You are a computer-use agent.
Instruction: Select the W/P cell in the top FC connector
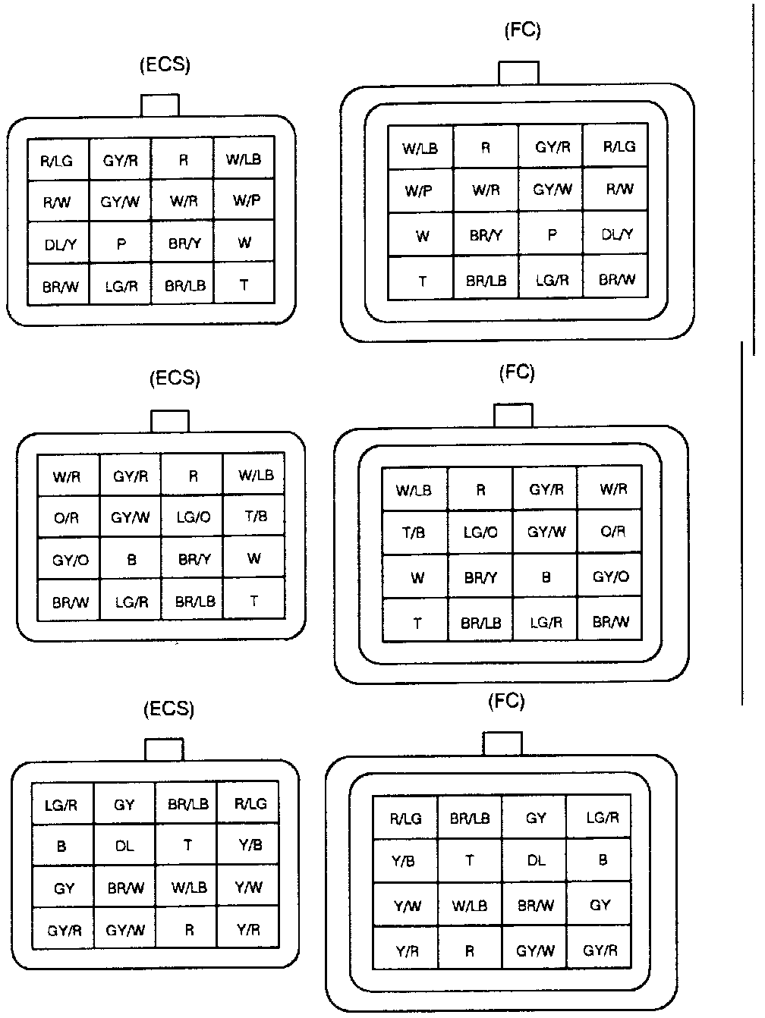(420, 190)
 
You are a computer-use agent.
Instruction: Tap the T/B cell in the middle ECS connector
(254, 517)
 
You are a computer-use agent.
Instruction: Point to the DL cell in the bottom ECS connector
(124, 846)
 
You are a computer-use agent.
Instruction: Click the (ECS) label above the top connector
(165, 65)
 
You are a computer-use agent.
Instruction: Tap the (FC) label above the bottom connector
(506, 701)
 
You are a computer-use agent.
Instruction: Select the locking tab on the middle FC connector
(513, 416)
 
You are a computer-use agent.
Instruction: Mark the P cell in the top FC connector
(551, 235)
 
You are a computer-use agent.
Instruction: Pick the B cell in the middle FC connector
(545, 577)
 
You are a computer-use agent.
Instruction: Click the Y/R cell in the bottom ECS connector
(248, 929)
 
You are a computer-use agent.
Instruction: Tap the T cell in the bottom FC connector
(470, 861)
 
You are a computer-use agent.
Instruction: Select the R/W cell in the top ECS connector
(58, 203)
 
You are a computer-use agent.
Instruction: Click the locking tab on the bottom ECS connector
(164, 749)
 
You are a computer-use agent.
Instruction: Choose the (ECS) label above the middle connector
(175, 378)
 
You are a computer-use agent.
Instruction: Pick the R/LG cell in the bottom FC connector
(405, 818)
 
